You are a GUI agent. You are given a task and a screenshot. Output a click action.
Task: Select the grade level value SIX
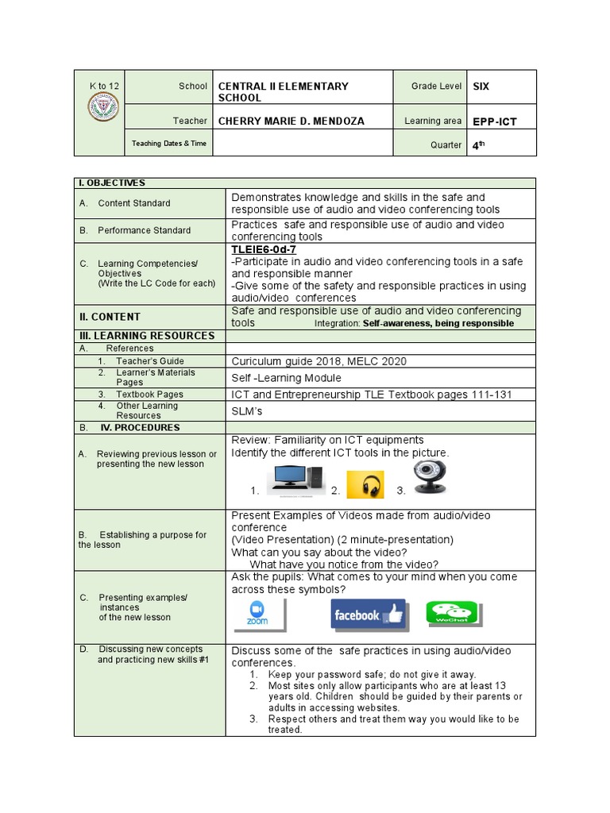[481, 86]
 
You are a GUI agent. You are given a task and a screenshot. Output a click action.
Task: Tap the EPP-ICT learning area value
[494, 121]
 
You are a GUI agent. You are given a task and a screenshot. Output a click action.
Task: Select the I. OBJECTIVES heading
[112, 183]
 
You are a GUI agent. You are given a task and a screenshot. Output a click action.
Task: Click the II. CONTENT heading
[110, 316]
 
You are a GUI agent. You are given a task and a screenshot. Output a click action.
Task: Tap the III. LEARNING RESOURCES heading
[146, 336]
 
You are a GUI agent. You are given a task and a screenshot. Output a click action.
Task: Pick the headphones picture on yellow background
[365, 485]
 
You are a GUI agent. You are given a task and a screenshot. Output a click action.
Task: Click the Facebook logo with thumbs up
[368, 615]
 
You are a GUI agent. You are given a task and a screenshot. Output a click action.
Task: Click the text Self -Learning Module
[286, 378]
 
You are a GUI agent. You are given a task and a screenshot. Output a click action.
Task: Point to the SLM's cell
[246, 411]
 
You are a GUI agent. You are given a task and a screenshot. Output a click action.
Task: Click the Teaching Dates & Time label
[168, 144]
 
